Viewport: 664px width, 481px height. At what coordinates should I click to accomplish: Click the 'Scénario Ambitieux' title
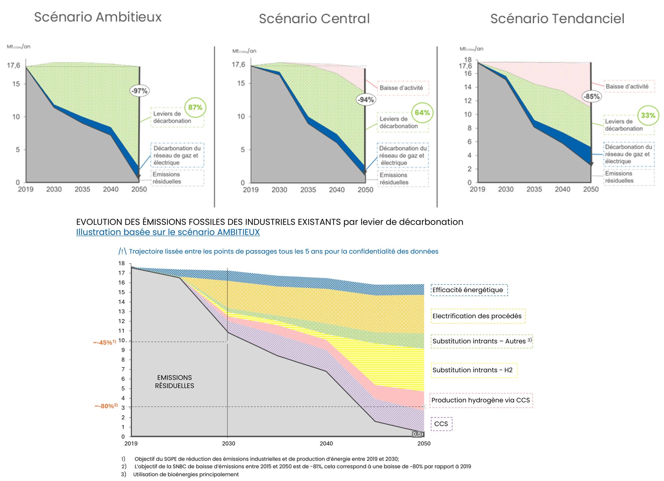pos(98,17)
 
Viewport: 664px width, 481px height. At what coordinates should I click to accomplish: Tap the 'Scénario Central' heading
pos(314,19)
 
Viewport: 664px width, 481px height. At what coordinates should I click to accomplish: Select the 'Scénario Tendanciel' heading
pos(557,19)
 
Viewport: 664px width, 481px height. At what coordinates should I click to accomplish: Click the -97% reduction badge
pos(139,91)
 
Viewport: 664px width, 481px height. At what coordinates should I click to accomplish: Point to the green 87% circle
pos(195,107)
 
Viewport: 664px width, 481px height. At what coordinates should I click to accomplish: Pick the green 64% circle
pos(422,113)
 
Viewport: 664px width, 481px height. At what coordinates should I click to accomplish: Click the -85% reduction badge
pos(592,97)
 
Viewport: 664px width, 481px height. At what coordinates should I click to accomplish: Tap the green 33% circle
pos(648,115)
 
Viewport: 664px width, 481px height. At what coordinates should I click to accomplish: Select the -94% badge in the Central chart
pos(366,100)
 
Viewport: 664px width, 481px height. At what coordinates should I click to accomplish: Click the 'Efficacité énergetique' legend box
pos(469,290)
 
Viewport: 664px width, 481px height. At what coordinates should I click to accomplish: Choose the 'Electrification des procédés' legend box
pos(478,316)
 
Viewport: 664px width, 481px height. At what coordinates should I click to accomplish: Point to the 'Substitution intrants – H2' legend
pos(473,370)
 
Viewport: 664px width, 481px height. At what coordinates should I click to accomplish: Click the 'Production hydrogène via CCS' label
pos(481,400)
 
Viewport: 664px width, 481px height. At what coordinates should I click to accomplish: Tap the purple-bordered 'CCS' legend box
pos(441,424)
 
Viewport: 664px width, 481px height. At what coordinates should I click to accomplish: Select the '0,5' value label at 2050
pos(417,434)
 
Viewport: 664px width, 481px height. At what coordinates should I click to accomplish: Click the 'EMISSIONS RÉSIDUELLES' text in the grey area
pos(174,382)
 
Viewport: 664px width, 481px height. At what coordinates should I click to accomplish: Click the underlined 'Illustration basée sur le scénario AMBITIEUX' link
pos(168,232)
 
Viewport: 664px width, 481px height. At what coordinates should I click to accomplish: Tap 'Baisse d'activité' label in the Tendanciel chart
pos(627,87)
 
